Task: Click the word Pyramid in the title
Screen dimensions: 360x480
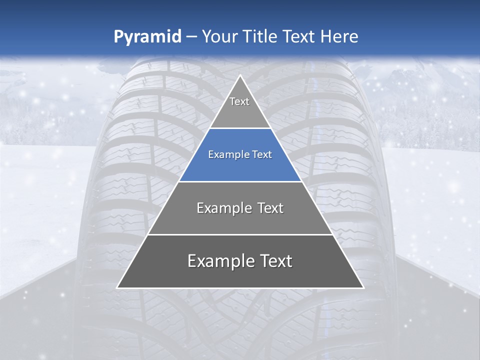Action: pyautogui.click(x=147, y=37)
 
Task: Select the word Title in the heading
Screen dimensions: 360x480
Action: pyautogui.click(x=261, y=36)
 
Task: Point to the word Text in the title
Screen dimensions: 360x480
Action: pyautogui.click(x=300, y=36)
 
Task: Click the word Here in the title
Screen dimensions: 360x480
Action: pyautogui.click(x=339, y=36)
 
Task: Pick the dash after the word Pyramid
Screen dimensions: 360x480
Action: pyautogui.click(x=191, y=37)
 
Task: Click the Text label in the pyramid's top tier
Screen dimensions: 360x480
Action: pyautogui.click(x=239, y=101)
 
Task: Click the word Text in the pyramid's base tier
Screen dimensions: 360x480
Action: pyautogui.click(x=275, y=261)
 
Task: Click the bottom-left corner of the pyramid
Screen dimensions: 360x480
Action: pyautogui.click(x=117, y=288)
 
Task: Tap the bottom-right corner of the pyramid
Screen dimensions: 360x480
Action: pyautogui.click(x=363, y=288)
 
